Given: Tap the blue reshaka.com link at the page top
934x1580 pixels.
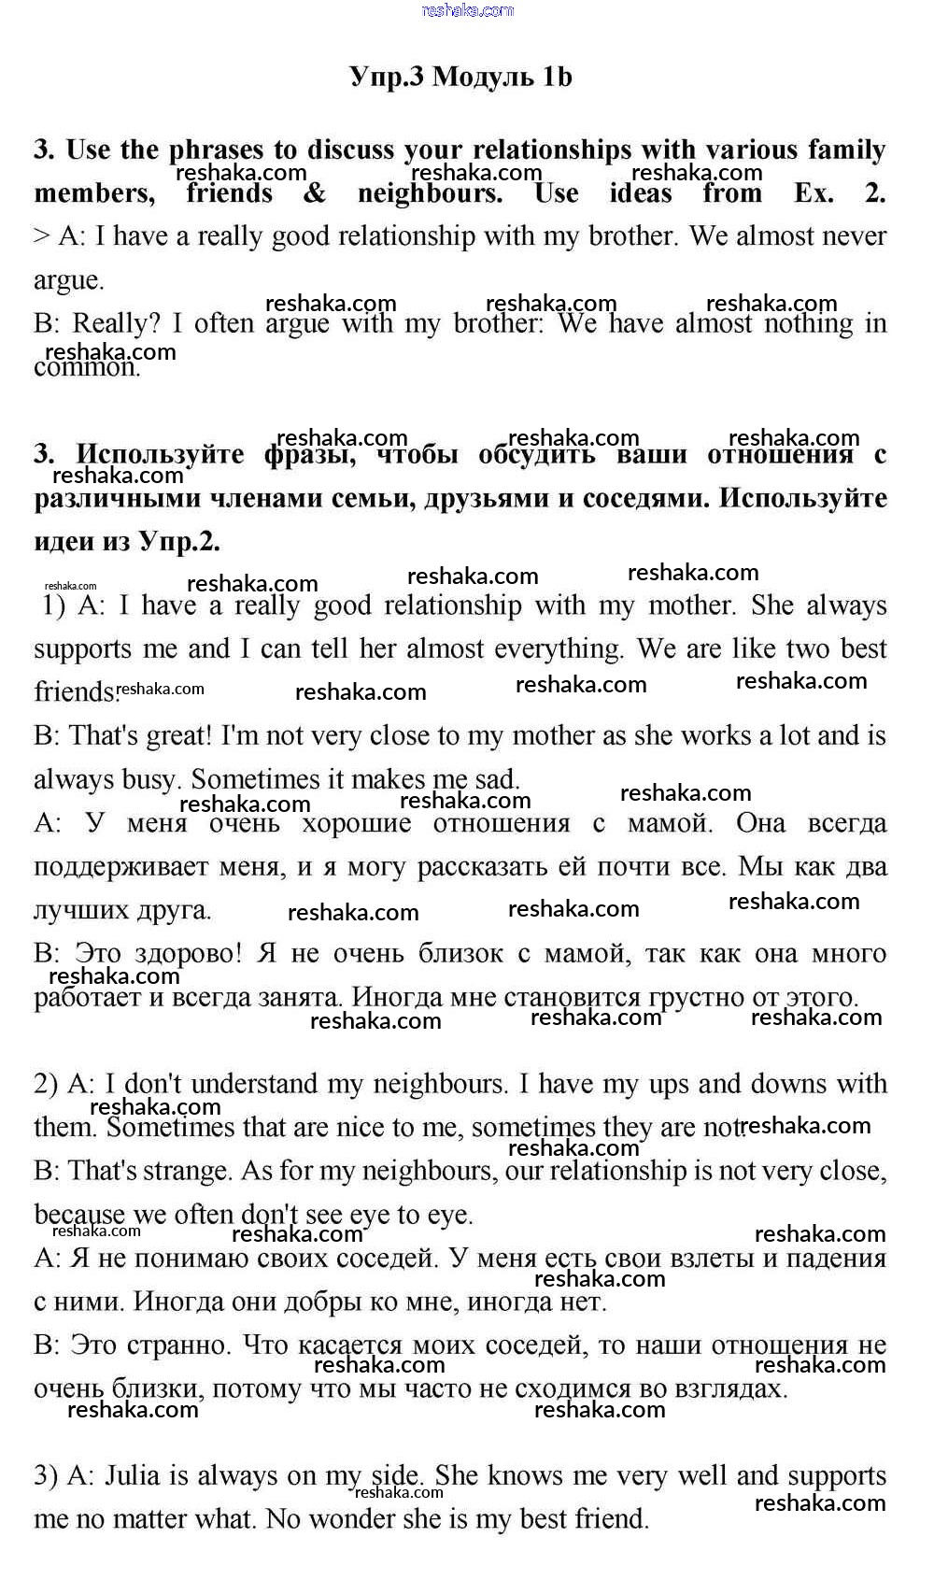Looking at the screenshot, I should pos(467,10).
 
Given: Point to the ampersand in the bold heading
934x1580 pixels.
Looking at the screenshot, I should pos(316,193).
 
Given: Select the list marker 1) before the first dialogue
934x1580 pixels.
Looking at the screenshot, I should pos(54,606).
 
